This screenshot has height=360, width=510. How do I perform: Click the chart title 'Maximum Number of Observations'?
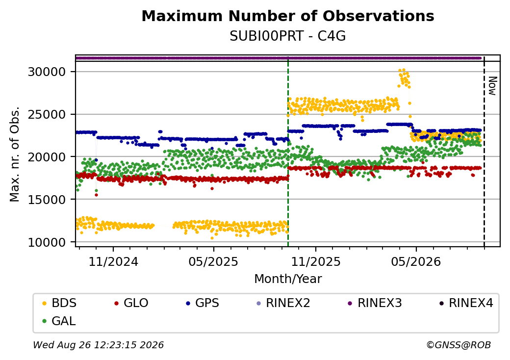(288, 16)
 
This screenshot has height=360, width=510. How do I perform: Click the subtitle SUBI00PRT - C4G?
(288, 36)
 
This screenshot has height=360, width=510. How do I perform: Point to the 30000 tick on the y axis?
(47, 72)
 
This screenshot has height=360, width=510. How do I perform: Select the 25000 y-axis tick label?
(47, 114)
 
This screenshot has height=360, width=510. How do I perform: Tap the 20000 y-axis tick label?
(47, 157)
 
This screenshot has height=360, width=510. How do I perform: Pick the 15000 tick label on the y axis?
(47, 199)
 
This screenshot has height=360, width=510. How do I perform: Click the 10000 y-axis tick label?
(47, 242)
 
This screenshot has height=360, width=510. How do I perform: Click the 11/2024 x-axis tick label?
(113, 261)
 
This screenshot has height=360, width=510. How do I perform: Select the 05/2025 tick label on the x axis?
(213, 261)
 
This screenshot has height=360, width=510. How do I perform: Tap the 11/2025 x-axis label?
(315, 261)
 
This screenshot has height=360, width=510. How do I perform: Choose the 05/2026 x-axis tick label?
(416, 261)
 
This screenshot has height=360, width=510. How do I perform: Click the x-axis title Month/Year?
(288, 279)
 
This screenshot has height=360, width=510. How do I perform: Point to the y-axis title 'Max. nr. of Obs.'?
(15, 154)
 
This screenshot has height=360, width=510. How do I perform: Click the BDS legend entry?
(59, 303)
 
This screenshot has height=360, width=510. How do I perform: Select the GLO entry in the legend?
(131, 303)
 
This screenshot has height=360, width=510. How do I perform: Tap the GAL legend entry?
(59, 321)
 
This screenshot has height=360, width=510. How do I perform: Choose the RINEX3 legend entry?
(375, 303)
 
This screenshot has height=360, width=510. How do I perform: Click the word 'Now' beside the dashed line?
(492, 86)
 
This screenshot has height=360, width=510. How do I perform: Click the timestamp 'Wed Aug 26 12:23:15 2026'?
(98, 345)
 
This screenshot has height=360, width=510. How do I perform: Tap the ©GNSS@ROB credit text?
(459, 345)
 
